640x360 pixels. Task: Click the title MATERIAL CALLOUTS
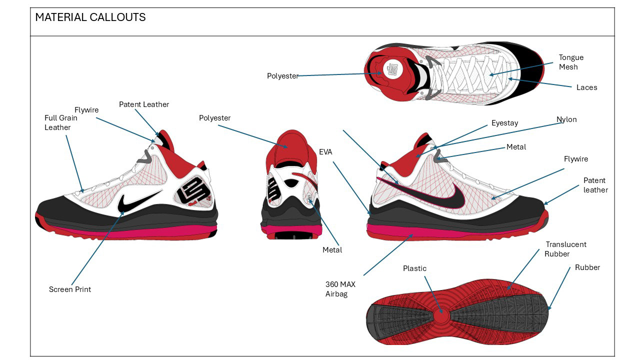[90, 17]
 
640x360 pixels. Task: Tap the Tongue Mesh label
[571, 62]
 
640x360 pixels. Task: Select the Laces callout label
[586, 87]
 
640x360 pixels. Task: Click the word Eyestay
[504, 123]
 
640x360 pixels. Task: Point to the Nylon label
[566, 119]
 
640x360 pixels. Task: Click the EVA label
[325, 151]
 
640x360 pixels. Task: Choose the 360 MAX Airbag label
[340, 289]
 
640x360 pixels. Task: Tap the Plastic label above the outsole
[414, 268]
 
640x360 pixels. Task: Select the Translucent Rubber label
[565, 249]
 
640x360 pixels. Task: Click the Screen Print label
[70, 289]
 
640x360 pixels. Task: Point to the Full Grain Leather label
[57, 123]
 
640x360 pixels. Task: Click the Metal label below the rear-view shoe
[332, 250]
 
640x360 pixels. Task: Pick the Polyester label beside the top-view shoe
[282, 76]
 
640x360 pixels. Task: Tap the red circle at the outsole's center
[440, 316]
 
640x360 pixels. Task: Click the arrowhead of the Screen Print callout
[123, 213]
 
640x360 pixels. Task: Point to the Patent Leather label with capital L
[144, 104]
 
